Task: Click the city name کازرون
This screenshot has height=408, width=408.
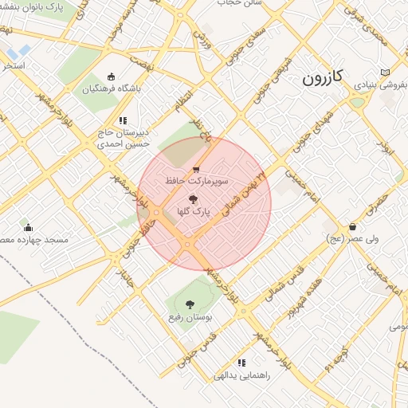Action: pyautogui.click(x=322, y=77)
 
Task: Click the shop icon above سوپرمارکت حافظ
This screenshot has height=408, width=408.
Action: pyautogui.click(x=196, y=169)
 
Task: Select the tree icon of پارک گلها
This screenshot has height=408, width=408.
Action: pyautogui.click(x=191, y=199)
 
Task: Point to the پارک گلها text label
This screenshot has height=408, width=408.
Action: pyautogui.click(x=191, y=213)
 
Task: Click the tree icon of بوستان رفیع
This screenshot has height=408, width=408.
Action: pyautogui.click(x=189, y=304)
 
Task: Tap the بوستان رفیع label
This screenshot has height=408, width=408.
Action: pyautogui.click(x=189, y=317)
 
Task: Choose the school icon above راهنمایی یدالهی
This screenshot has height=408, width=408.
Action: pyautogui.click(x=241, y=363)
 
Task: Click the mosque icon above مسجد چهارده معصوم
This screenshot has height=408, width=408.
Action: pyautogui.click(x=28, y=227)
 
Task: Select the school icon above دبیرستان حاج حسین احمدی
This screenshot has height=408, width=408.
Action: pyautogui.click(x=122, y=120)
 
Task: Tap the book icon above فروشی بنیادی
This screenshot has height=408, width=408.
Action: pyautogui.click(x=386, y=72)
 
